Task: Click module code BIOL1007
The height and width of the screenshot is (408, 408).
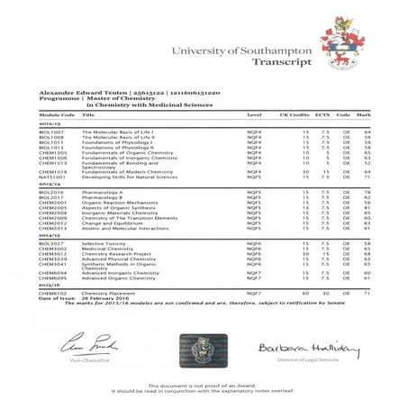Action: tap(50, 131)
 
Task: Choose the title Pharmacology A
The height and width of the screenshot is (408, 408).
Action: tap(104, 192)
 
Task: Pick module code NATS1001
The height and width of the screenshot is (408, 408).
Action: tap(51, 178)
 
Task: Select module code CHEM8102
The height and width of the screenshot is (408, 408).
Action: tap(52, 293)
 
